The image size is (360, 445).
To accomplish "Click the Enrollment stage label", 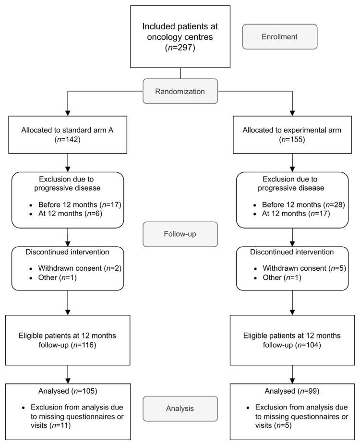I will pos(279,36).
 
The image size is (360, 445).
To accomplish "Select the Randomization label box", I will pos(180,91).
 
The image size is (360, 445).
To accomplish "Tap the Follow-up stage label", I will pos(180,234).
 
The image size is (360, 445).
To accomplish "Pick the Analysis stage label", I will pos(180,408).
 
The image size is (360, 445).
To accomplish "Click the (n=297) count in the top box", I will pos(180,48).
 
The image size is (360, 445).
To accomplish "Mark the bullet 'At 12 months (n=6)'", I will pos(65,214).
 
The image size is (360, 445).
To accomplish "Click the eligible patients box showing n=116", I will pos(68,340).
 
